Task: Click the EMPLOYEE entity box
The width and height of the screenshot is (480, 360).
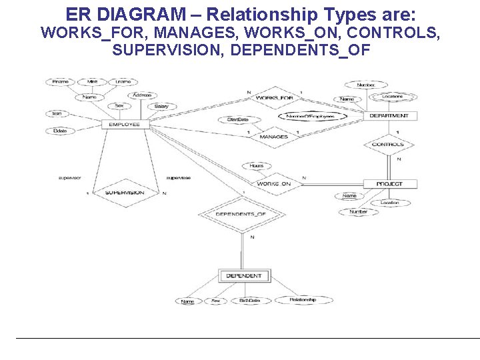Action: (125, 125)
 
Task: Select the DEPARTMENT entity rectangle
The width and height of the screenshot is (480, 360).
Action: (389, 115)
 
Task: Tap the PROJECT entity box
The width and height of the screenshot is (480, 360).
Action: (389, 183)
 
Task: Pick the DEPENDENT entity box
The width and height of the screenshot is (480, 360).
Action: (243, 275)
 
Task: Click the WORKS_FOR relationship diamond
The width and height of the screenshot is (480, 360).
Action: (274, 99)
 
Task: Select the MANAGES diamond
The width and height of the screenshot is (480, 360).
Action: (273, 137)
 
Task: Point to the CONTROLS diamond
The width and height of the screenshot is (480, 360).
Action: (387, 145)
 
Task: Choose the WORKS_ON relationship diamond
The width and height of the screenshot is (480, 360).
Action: (273, 183)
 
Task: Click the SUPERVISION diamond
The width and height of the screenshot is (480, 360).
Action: (125, 193)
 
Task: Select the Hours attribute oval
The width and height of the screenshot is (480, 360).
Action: (257, 166)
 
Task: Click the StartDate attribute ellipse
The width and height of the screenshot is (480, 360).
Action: (237, 120)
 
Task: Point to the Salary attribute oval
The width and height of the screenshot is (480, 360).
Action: (161, 107)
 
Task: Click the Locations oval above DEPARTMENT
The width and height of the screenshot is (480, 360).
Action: (392, 97)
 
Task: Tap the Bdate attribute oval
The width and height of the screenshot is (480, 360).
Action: (60, 131)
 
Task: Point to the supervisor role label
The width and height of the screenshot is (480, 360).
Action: (69, 178)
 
